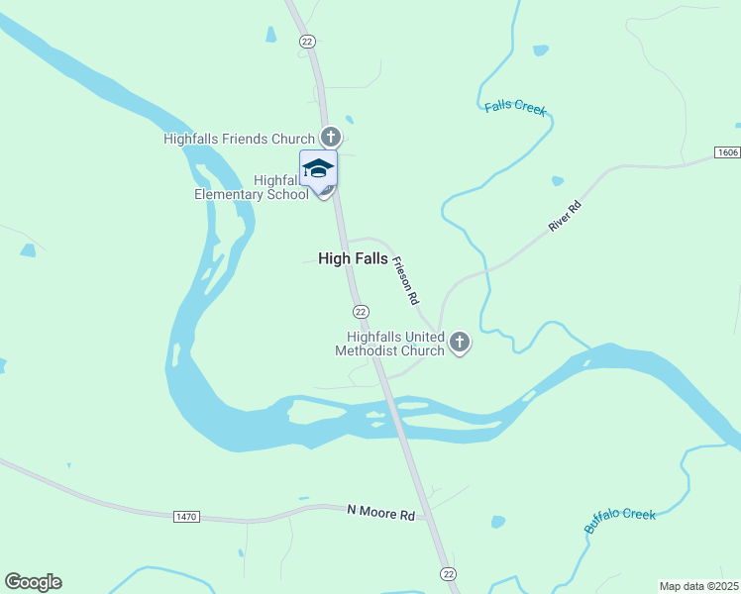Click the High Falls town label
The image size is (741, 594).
(x=353, y=258)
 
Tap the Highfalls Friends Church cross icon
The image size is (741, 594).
(x=331, y=139)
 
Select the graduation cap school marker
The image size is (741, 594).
(x=318, y=168)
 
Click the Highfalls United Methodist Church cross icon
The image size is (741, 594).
(x=459, y=343)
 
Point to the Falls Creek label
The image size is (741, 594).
(x=515, y=107)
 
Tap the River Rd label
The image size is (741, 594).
(x=565, y=215)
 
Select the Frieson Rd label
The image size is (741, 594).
(x=405, y=280)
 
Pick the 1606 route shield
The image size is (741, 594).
(x=727, y=152)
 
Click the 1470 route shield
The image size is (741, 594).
(x=186, y=517)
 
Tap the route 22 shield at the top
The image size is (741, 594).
(x=307, y=41)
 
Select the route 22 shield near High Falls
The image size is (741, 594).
(x=362, y=311)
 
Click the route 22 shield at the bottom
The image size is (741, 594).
(x=448, y=574)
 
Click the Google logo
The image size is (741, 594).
(x=33, y=582)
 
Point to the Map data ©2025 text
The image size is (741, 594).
(x=699, y=585)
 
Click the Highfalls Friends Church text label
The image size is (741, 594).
(x=239, y=140)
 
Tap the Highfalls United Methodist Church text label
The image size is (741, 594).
(x=389, y=345)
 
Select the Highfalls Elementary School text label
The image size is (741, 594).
(x=252, y=187)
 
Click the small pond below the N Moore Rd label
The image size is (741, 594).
(x=497, y=522)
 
